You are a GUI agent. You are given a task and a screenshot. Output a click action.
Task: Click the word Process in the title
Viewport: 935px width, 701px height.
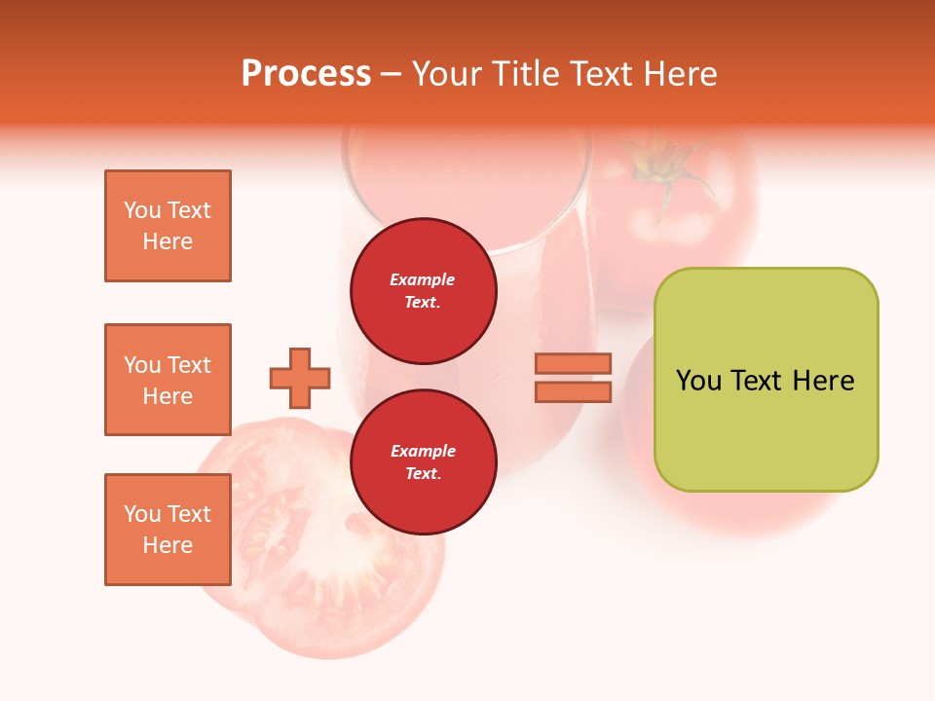pyautogui.click(x=306, y=74)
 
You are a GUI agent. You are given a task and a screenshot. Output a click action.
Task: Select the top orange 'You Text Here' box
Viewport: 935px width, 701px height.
pyautogui.click(x=168, y=226)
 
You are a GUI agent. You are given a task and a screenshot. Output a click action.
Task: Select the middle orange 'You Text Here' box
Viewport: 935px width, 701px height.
pyautogui.click(x=168, y=380)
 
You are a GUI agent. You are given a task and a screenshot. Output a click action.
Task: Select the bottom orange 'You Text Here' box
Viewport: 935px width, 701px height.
pyautogui.click(x=168, y=529)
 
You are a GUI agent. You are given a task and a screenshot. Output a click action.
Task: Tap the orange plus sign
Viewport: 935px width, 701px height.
pyautogui.click(x=300, y=378)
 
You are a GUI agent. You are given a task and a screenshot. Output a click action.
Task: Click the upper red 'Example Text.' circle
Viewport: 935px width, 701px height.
pyautogui.click(x=423, y=290)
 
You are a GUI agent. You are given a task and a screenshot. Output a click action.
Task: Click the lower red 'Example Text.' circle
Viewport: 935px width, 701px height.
pyautogui.click(x=423, y=461)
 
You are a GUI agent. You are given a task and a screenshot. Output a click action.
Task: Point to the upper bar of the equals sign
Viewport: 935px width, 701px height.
pyautogui.click(x=573, y=363)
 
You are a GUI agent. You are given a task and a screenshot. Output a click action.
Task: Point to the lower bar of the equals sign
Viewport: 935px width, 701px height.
pyautogui.click(x=573, y=391)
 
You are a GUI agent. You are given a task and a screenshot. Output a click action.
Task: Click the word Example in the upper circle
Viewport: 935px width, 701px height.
pyautogui.click(x=423, y=279)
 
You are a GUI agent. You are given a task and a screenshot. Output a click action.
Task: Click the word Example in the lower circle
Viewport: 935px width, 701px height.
pyautogui.click(x=423, y=451)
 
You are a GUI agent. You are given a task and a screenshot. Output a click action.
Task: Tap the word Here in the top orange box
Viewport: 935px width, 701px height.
pyautogui.click(x=168, y=241)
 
